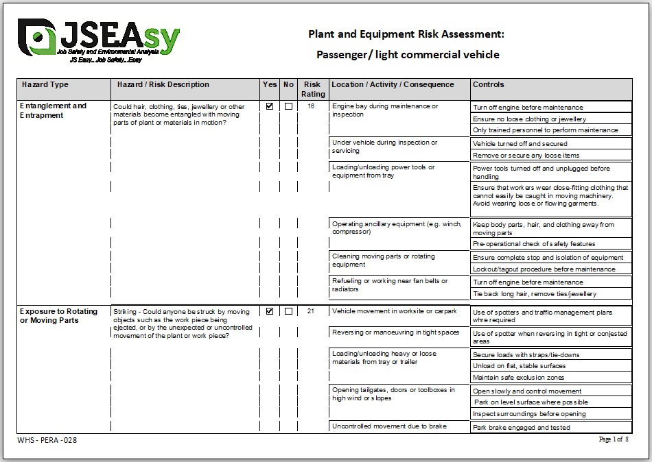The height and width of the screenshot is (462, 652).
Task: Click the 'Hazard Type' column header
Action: [45, 85]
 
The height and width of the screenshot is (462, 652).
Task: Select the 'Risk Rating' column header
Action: [314, 89]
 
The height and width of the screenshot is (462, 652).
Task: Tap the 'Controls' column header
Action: [488, 85]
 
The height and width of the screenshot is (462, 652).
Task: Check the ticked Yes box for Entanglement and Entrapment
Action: [270, 106]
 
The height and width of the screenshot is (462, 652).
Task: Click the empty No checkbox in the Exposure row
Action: [288, 311]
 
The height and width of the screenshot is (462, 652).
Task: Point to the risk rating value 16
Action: [312, 106]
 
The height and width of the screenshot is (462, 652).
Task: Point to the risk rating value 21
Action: [312, 311]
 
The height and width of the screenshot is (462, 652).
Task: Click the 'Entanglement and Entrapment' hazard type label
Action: [54, 110]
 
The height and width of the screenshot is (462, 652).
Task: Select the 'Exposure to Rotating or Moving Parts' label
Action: [59, 315]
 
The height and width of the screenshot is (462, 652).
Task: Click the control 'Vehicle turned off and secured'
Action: [520, 144]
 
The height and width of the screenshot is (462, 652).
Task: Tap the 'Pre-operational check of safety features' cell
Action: [534, 244]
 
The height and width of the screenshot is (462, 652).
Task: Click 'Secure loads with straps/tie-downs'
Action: [526, 354]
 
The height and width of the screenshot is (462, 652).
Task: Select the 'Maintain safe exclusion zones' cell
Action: [519, 378]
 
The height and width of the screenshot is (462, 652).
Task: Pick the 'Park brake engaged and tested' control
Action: [522, 428]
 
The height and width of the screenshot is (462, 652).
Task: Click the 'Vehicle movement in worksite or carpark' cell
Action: [394, 311]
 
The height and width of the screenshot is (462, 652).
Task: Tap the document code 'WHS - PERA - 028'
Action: [47, 440]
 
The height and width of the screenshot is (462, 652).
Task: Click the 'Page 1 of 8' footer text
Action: [613, 439]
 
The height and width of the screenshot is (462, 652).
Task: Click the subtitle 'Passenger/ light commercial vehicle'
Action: [408, 55]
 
